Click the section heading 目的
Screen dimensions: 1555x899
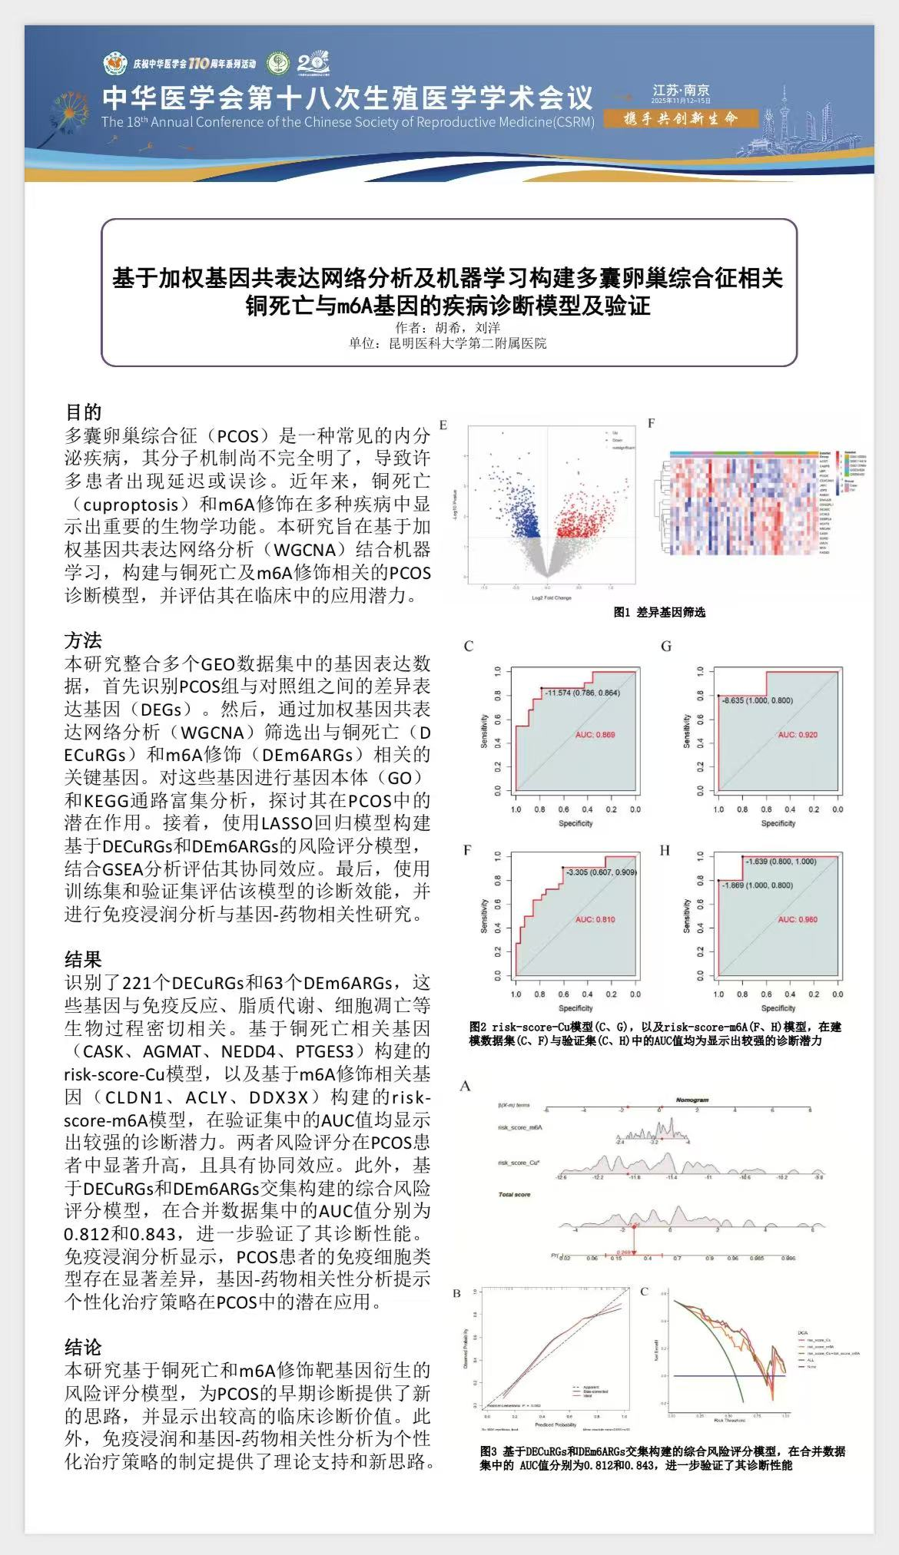click(x=83, y=412)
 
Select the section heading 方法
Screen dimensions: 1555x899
click(x=83, y=640)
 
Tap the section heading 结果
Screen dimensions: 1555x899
click(x=83, y=959)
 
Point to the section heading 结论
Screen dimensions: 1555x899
click(x=83, y=1347)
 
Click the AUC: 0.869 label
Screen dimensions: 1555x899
click(x=595, y=735)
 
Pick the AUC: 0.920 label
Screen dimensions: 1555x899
click(x=797, y=735)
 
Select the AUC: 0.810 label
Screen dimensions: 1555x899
click(x=595, y=919)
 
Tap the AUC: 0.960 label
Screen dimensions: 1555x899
click(x=797, y=919)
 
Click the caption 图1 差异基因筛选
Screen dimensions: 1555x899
click(x=659, y=612)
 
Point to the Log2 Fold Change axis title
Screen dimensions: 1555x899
click(x=552, y=597)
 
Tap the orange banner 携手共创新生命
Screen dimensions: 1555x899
click(x=681, y=118)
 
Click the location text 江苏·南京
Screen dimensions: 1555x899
click(x=681, y=91)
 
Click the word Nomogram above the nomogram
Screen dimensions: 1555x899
click(x=692, y=1100)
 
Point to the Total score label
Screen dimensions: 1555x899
click(x=514, y=1194)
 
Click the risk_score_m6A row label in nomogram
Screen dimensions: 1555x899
click(x=520, y=1127)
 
